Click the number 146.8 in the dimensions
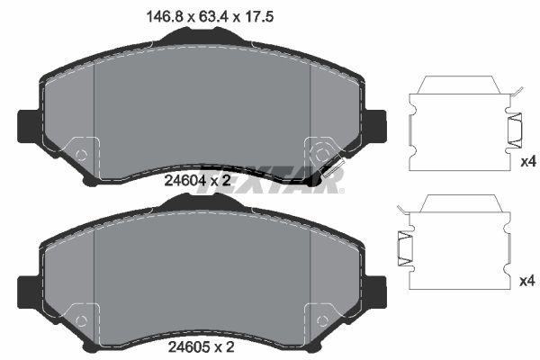pos(148,14)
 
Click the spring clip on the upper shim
pos(518,132)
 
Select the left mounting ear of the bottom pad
pos(28,289)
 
